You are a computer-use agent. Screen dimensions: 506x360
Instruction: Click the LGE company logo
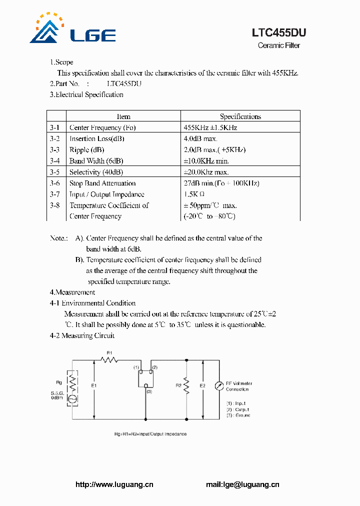tap(72, 29)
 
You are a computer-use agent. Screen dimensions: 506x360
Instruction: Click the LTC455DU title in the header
tap(278, 33)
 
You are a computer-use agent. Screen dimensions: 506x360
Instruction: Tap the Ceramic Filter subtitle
tap(278, 45)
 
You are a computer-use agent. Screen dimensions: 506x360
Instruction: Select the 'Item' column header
tap(123, 116)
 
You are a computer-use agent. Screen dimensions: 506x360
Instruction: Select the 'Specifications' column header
tap(240, 116)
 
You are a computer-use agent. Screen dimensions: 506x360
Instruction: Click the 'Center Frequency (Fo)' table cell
tap(102, 127)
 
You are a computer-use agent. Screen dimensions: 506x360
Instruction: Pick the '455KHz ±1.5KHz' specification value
tap(210, 127)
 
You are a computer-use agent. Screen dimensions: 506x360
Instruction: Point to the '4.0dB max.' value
tap(200, 139)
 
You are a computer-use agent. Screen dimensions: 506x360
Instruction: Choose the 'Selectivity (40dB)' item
tap(96, 172)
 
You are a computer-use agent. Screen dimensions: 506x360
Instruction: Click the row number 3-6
tap(55, 183)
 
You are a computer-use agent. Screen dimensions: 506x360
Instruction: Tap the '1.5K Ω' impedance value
tap(194, 194)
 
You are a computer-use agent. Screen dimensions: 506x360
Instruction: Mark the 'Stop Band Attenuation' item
tap(102, 183)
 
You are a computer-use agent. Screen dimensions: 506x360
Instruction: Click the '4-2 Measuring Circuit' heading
tap(82, 335)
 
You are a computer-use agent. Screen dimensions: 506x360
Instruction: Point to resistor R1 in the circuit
tap(108, 359)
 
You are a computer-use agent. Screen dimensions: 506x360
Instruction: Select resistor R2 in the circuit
tap(186, 385)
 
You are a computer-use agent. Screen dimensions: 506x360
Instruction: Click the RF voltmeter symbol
tap(218, 386)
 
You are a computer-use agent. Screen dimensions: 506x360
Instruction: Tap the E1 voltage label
tap(94, 385)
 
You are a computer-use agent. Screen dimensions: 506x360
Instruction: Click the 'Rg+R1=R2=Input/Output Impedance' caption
tap(150, 434)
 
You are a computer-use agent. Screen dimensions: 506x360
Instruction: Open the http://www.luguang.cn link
tap(114, 484)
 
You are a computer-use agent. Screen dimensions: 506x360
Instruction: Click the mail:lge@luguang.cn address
tap(242, 484)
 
